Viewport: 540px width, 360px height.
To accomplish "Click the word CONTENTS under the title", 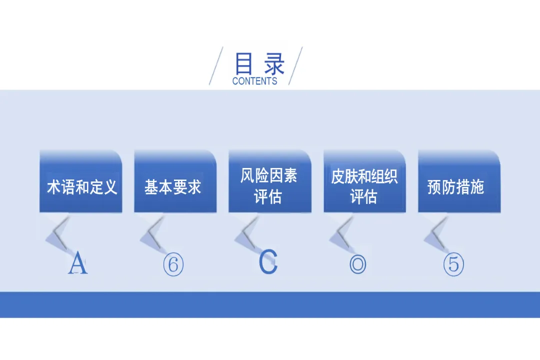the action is (x=254, y=81).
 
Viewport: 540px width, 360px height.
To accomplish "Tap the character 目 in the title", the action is (x=243, y=64).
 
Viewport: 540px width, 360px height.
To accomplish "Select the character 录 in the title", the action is (x=274, y=64).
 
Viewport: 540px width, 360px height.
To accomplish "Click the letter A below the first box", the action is (x=77, y=263).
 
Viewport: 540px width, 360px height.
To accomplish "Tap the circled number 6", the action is (x=173, y=264).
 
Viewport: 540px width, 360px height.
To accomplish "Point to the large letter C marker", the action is (x=268, y=262).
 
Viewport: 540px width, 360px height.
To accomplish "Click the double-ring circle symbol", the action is (x=358, y=264).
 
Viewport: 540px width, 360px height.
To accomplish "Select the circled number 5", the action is (x=453, y=264).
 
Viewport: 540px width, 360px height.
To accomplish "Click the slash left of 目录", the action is (x=216, y=65).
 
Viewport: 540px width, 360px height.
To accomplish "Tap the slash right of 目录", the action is (x=295, y=65).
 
